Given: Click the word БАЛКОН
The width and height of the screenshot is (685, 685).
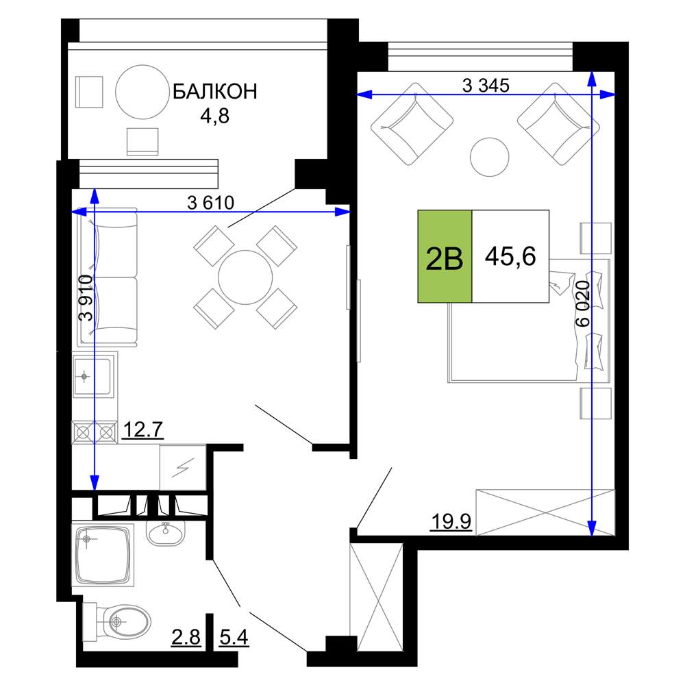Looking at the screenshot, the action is (x=214, y=92).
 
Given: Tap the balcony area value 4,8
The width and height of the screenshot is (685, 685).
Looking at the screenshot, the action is (x=214, y=116).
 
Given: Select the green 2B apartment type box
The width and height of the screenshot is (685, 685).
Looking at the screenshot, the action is (x=445, y=256).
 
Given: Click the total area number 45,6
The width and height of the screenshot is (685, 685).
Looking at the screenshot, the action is (x=510, y=256).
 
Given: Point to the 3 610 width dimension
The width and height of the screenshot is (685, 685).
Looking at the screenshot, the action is (x=210, y=203).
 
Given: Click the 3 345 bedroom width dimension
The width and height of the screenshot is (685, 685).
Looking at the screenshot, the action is (x=486, y=86).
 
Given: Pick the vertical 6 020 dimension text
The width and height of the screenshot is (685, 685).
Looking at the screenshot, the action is (x=583, y=304).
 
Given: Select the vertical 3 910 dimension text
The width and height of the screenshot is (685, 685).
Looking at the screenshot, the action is (x=86, y=298).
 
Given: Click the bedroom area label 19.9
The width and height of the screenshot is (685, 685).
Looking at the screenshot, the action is (x=451, y=521).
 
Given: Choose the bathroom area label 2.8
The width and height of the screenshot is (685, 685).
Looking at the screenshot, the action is (x=186, y=637).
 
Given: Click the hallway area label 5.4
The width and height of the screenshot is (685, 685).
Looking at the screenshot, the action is (x=234, y=637).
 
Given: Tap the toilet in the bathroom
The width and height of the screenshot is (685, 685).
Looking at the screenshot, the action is (x=117, y=621).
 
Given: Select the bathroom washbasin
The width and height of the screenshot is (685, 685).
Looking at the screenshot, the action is (x=166, y=532).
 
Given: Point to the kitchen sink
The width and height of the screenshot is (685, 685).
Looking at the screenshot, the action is (x=94, y=375).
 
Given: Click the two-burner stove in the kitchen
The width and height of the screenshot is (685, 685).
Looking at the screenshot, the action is (x=95, y=432).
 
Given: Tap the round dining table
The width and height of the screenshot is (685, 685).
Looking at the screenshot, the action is (x=245, y=277).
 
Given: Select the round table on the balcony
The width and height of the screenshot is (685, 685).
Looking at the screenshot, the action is (x=142, y=92).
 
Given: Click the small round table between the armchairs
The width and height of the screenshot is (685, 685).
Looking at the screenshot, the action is (x=490, y=158).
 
